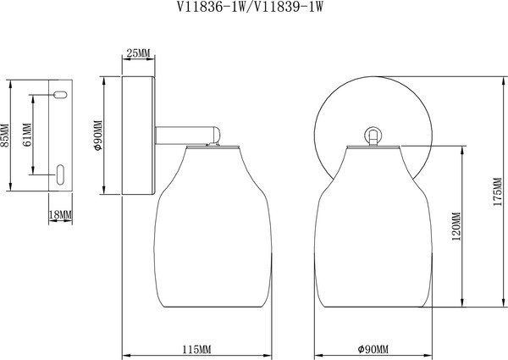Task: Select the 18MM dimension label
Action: [x=61, y=216]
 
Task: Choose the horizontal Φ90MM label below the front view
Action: [x=373, y=350]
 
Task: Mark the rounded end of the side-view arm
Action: [x=218, y=133]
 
